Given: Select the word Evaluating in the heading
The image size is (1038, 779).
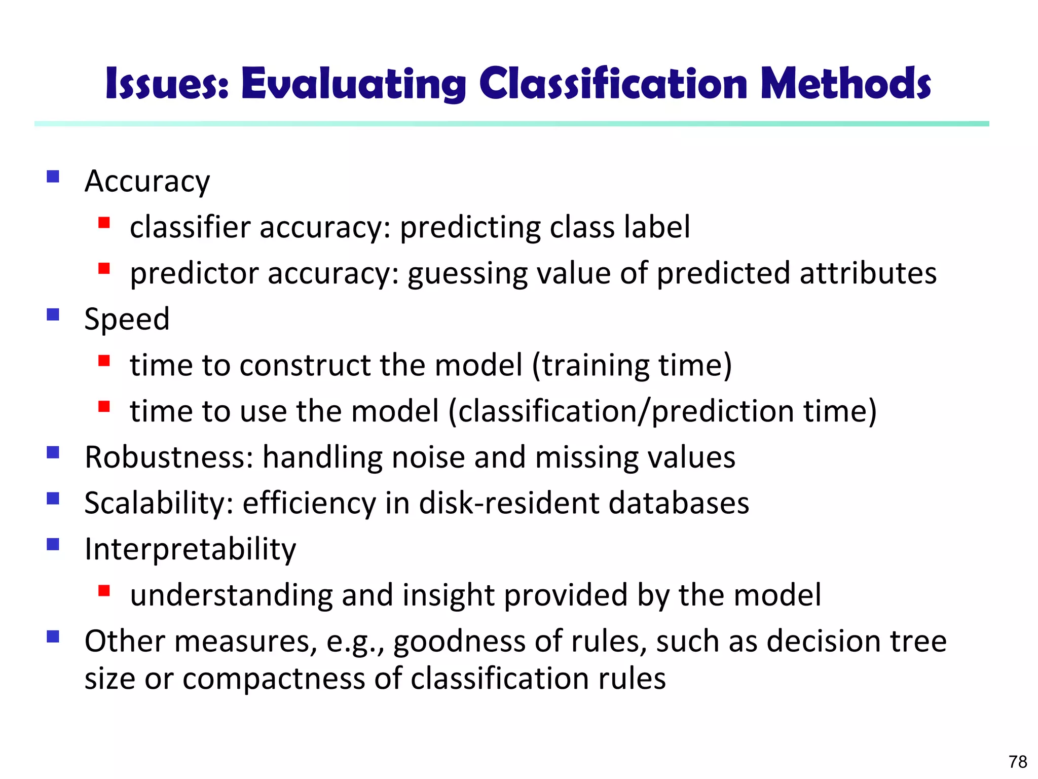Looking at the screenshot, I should (353, 85).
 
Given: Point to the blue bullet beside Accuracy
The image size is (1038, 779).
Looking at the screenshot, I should (53, 176).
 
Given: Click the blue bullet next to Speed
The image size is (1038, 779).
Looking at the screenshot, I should (53, 315).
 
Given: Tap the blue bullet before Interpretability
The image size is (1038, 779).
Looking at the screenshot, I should (53, 545).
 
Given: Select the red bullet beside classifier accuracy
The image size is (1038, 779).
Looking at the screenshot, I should (104, 223).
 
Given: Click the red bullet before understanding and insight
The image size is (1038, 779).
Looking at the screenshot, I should (104, 590).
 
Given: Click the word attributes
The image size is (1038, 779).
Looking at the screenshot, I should (868, 273).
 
